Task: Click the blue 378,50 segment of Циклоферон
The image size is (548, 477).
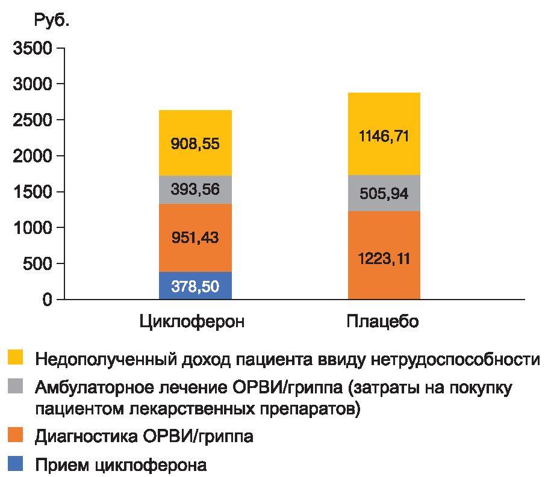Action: [195, 286]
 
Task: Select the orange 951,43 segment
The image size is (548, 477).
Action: [195, 238]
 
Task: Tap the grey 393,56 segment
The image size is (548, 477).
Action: [195, 189]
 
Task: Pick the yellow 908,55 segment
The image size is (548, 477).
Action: [195, 143]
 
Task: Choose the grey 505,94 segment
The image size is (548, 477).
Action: [384, 193]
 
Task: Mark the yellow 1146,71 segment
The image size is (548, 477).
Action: [384, 134]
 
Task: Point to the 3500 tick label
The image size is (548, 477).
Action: [32, 48]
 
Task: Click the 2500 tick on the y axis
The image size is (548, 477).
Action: [32, 120]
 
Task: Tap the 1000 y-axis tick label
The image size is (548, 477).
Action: [32, 227]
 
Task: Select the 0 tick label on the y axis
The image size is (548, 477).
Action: [47, 300]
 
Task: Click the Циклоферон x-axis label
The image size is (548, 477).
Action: [192, 322]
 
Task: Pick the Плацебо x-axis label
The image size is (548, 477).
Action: [382, 322]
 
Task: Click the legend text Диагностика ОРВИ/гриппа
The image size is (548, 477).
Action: [145, 436]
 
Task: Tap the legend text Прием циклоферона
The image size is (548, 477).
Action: [121, 465]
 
